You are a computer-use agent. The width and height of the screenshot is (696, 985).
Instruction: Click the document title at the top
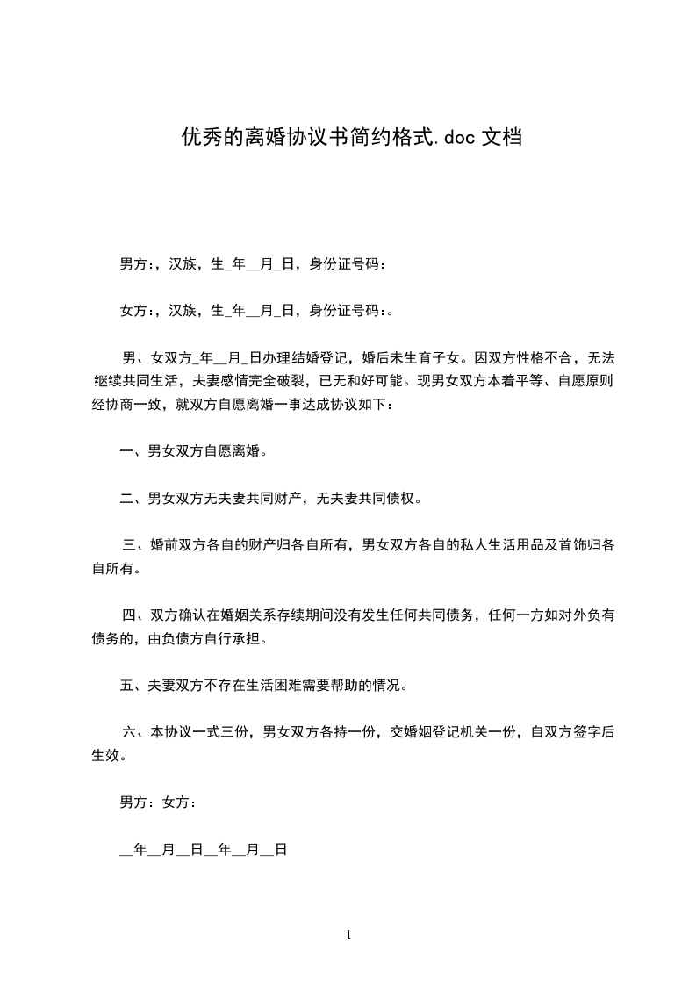coord(352,137)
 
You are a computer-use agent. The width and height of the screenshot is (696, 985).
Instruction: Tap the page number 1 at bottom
coord(348,936)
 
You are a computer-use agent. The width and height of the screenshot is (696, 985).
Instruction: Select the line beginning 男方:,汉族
coord(252,263)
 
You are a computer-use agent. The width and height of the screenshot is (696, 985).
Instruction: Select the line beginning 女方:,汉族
coord(255,310)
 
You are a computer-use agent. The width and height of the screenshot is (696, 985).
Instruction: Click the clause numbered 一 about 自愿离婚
coord(193,452)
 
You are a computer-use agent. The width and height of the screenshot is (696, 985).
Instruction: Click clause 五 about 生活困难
coord(263,686)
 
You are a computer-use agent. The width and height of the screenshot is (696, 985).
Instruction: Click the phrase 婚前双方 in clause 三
coord(179,545)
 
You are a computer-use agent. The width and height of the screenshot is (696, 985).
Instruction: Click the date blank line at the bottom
coord(203,850)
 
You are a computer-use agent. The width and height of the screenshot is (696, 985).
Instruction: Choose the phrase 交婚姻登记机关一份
coord(452,732)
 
